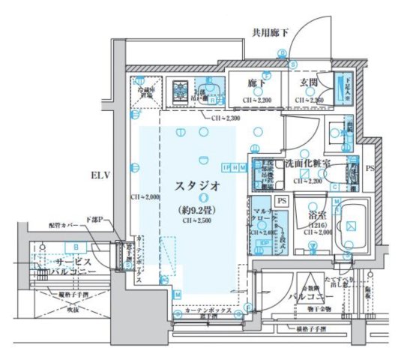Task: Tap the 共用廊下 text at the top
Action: (x=270, y=31)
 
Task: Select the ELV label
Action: (x=101, y=175)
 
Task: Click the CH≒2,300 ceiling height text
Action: (x=225, y=118)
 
